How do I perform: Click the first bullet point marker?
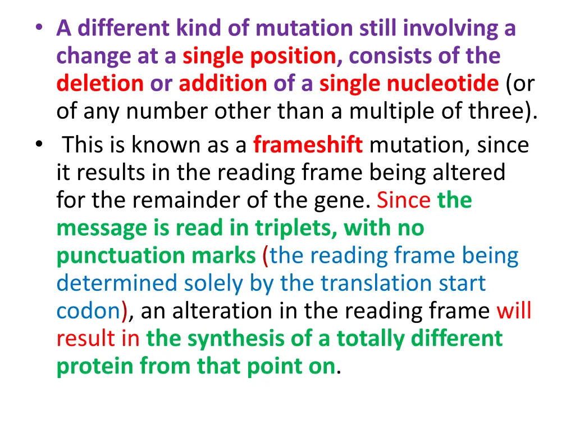[44, 29]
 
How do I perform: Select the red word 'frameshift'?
[308, 145]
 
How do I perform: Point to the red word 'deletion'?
[100, 84]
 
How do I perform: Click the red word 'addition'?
[223, 84]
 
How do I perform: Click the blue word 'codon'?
[89, 311]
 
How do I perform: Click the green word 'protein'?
[95, 366]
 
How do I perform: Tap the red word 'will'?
[514, 311]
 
